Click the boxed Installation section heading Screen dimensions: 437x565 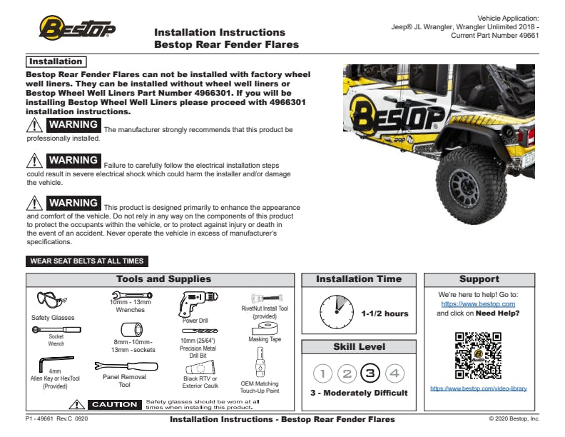click(x=55, y=62)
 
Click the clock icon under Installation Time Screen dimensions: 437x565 click(x=337, y=312)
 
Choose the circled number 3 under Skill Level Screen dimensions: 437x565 click(x=370, y=373)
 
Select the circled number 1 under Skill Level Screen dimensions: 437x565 click(x=322, y=373)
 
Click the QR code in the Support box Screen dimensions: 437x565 click(x=477, y=355)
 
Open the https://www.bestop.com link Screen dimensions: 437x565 click(x=478, y=303)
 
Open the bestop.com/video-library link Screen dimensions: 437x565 click(x=478, y=388)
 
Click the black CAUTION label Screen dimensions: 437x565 click(x=114, y=405)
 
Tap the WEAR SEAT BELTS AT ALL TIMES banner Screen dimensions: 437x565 click(x=87, y=261)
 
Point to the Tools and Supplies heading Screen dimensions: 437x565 click(x=163, y=279)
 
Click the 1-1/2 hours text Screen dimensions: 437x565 click(x=385, y=313)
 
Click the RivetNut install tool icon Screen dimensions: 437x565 click(x=265, y=298)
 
